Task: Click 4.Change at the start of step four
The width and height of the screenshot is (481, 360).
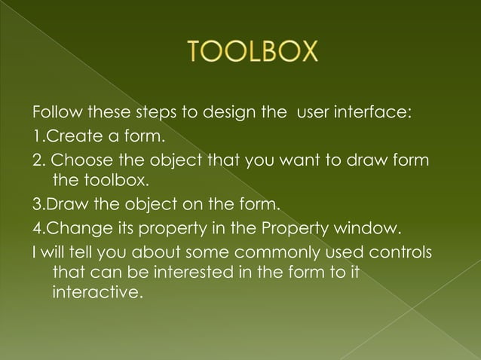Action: pyautogui.click(x=66, y=227)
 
